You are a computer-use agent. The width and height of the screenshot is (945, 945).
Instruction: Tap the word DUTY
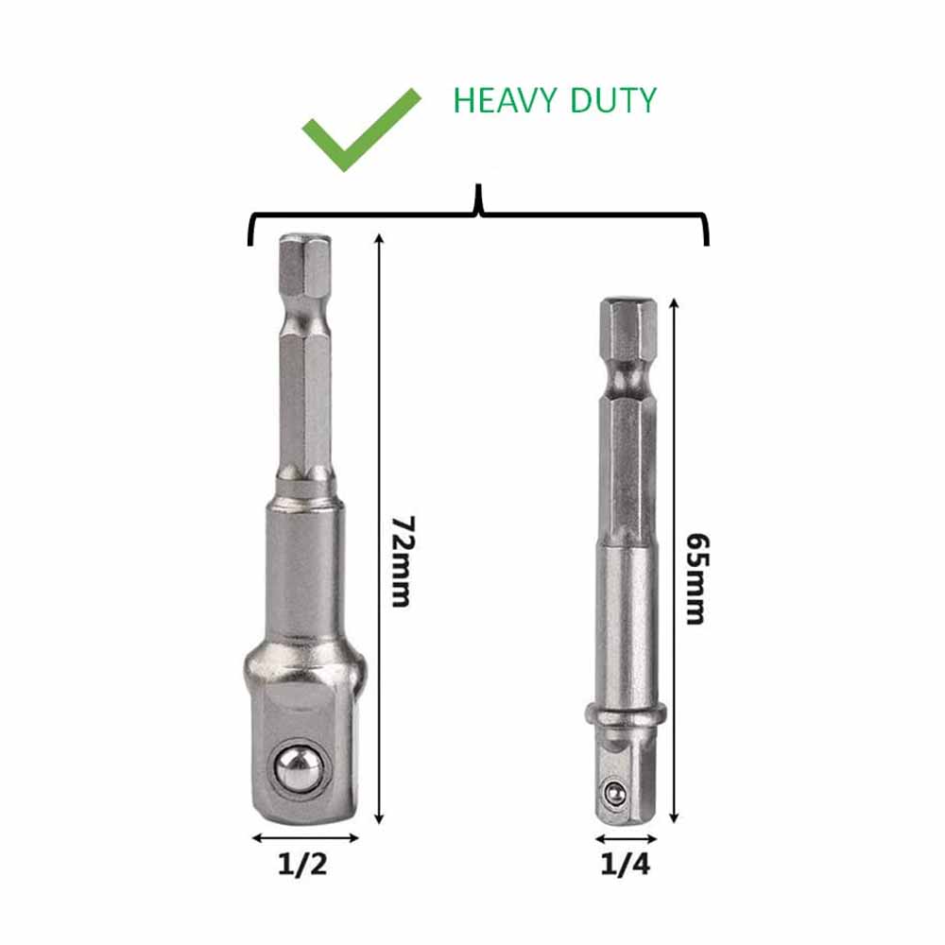(613, 100)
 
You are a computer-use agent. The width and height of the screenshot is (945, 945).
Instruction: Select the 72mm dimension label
(401, 560)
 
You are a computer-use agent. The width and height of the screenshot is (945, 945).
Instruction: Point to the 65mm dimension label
(697, 578)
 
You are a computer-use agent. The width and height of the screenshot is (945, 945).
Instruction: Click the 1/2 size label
(302, 865)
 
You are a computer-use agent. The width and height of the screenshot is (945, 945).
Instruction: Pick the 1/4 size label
(626, 865)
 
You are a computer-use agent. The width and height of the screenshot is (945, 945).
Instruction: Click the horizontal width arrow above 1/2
(305, 837)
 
